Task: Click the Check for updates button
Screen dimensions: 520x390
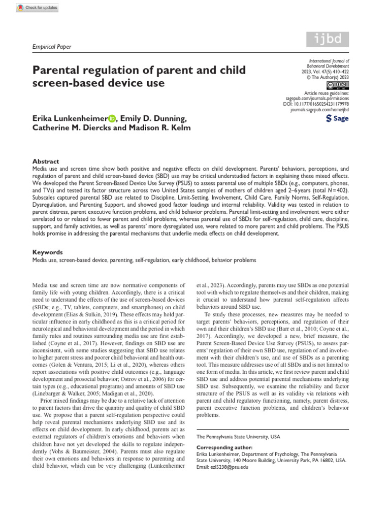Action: tap(38, 8)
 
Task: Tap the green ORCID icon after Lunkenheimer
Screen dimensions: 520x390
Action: tap(112, 119)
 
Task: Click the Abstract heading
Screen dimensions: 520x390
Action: tap(46, 161)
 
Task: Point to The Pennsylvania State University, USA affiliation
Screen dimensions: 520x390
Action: tap(238, 436)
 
